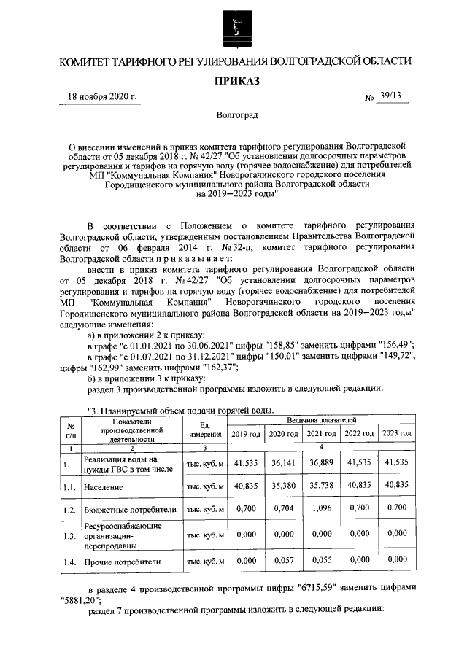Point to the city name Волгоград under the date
[x=236, y=115]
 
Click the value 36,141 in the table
[x=283, y=463]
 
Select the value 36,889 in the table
[x=321, y=463]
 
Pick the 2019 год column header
[x=245, y=434]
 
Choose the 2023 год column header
[x=397, y=434]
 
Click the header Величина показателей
[x=322, y=421]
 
